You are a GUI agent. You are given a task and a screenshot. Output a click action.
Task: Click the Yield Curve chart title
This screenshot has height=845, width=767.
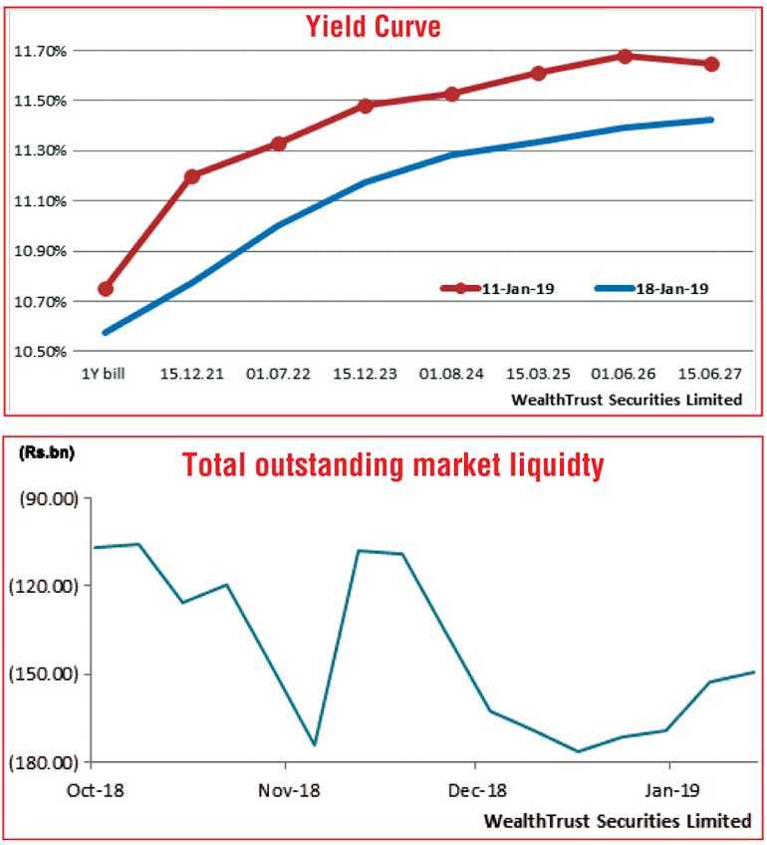click(373, 28)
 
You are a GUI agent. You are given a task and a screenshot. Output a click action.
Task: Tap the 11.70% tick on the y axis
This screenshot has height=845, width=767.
click(40, 51)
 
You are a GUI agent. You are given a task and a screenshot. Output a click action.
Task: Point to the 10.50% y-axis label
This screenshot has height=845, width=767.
click(40, 352)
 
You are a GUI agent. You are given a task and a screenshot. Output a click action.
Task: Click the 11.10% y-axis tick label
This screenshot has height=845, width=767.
click(40, 201)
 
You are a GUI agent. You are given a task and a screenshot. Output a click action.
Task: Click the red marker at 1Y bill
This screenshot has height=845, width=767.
click(106, 289)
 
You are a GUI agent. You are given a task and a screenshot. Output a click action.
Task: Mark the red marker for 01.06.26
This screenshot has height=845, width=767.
click(625, 57)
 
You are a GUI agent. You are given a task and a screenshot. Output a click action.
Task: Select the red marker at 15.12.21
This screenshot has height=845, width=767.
click(192, 176)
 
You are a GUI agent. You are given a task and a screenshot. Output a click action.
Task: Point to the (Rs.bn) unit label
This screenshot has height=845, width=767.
click(46, 452)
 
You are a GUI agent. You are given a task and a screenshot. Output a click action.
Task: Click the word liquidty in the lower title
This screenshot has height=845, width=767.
click(553, 465)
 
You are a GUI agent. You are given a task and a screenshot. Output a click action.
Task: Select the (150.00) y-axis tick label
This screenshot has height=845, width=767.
click(46, 675)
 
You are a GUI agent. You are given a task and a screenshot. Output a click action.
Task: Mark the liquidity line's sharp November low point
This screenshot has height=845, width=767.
click(315, 744)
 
